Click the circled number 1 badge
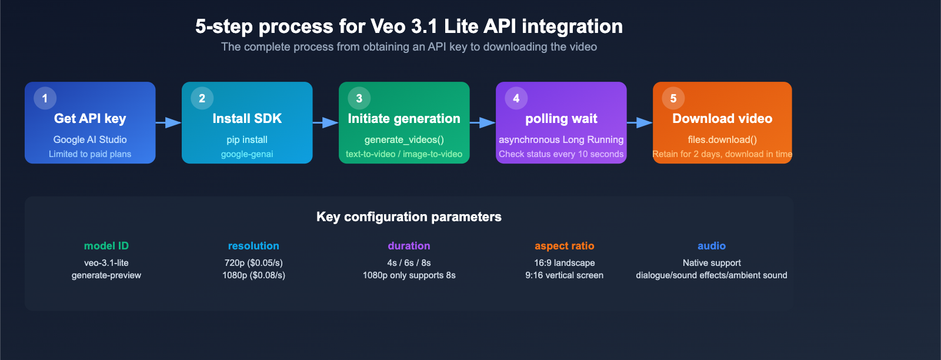point(45,98)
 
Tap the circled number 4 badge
point(516,98)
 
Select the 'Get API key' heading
point(90,118)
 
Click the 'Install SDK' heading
point(247,118)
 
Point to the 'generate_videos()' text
point(404,139)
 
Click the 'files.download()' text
point(722,139)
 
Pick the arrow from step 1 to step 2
point(169,122)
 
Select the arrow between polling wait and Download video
point(640,122)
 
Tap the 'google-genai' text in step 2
point(247,154)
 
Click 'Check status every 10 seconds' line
point(561,154)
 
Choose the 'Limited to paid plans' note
point(90,154)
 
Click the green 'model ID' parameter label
point(106,246)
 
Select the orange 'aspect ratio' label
point(564,246)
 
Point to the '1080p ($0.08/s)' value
point(253,275)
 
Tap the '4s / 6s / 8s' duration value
point(409,263)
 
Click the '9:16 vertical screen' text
point(564,275)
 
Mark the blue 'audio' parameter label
point(711,246)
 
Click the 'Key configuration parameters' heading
point(409,216)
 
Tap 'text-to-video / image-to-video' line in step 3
point(404,154)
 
